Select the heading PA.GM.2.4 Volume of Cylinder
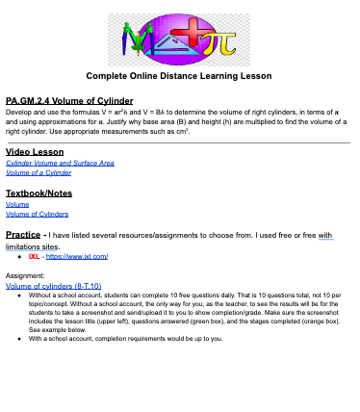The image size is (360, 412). coord(68,100)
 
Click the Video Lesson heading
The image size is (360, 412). coord(35,152)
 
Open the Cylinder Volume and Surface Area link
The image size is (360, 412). coord(60,164)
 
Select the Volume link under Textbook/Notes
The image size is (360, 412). coord(17,204)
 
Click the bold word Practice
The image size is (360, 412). coord(23,234)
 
